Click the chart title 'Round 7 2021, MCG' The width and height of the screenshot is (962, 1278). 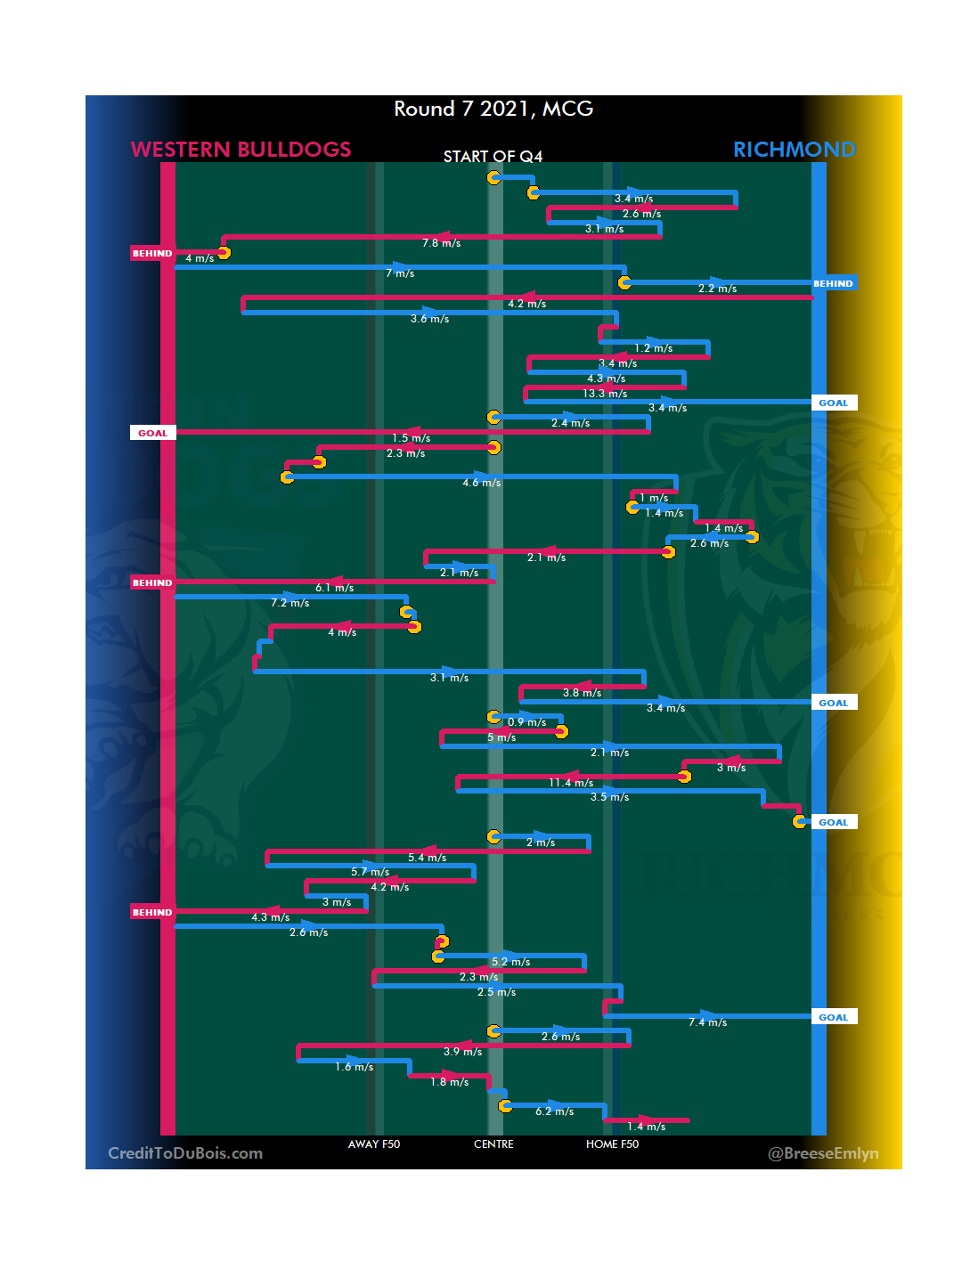click(493, 109)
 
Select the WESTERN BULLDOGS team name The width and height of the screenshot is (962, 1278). click(240, 150)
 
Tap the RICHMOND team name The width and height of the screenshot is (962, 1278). click(794, 150)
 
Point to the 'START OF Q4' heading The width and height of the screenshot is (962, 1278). click(493, 157)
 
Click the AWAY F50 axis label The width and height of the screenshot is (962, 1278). click(374, 1144)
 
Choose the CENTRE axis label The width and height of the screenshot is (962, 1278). click(493, 1144)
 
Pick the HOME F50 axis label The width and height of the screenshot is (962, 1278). click(612, 1144)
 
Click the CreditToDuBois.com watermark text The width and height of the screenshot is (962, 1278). click(185, 1153)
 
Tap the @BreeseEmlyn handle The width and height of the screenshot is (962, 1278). click(823, 1153)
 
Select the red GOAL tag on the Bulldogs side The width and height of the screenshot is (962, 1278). click(152, 434)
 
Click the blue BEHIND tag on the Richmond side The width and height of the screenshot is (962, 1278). click(833, 284)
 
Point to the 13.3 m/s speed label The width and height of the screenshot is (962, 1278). click(605, 394)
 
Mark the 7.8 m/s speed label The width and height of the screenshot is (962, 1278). click(441, 243)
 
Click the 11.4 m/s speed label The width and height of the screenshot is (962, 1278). click(571, 783)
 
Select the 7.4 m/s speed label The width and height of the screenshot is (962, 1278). click(707, 1022)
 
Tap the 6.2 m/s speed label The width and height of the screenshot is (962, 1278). click(554, 1111)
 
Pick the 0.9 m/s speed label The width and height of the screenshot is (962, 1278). click(526, 722)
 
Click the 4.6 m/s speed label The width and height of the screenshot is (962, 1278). click(481, 483)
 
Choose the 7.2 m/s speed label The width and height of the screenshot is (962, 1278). click(289, 603)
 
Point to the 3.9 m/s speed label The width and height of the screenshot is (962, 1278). click(462, 1052)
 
